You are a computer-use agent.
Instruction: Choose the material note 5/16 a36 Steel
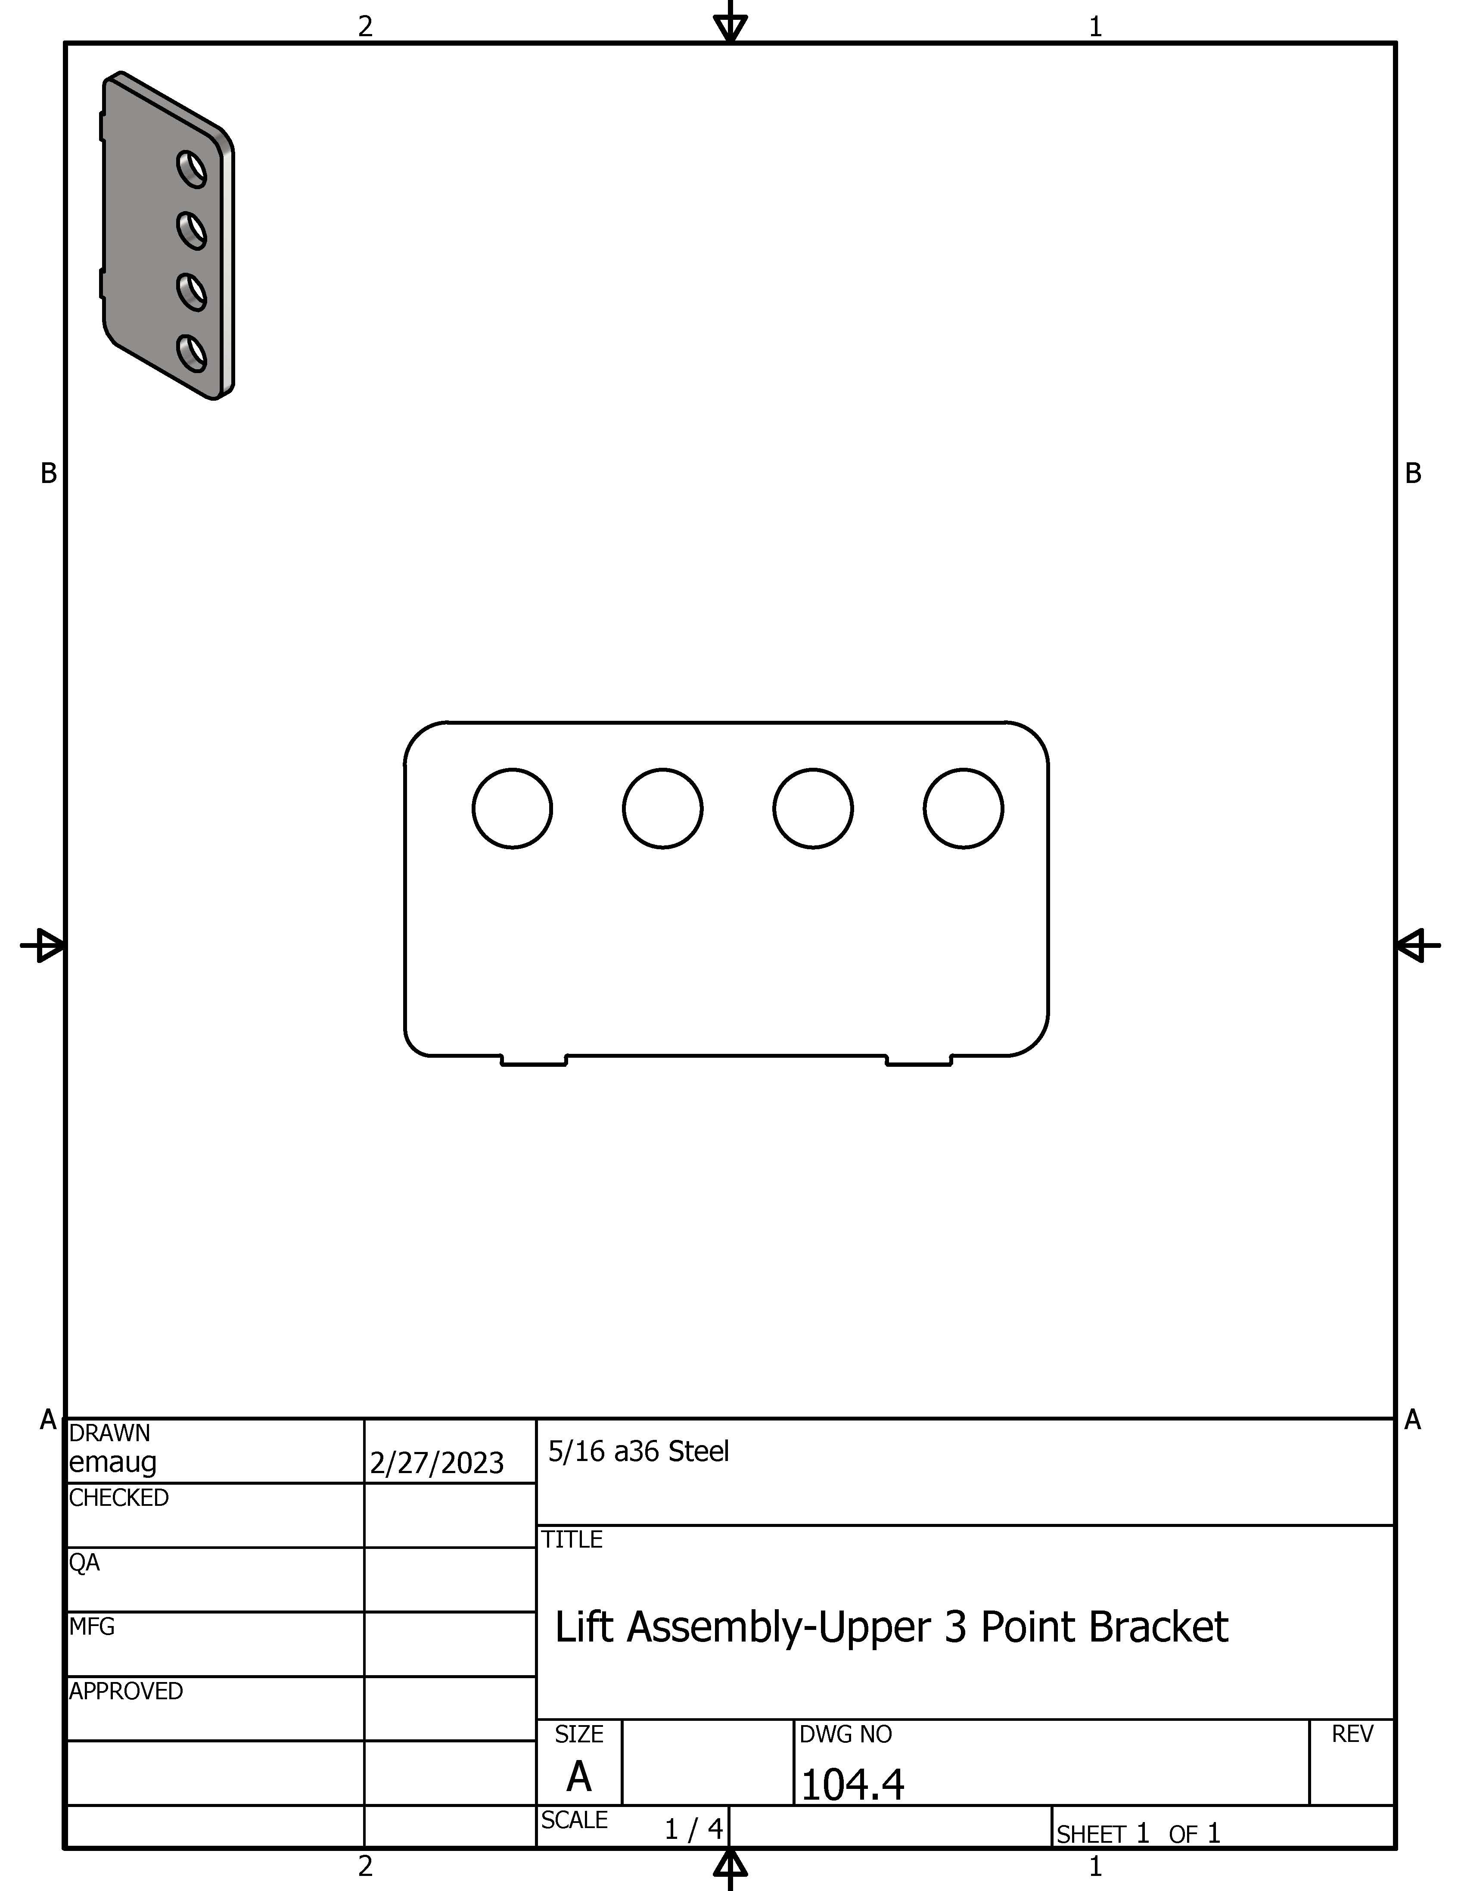tap(639, 1451)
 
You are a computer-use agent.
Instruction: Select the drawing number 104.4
tap(852, 1785)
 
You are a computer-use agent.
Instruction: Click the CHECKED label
tap(118, 1498)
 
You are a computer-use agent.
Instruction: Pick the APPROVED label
tap(126, 1691)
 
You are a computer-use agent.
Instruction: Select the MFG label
tap(92, 1627)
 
